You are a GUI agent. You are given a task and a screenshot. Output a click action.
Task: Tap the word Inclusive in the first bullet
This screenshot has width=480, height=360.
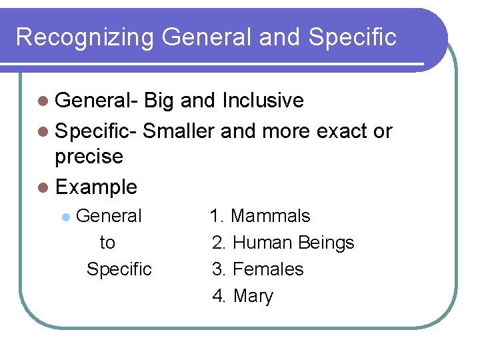[263, 101]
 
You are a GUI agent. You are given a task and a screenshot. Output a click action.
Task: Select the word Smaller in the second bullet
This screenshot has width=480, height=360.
[179, 131]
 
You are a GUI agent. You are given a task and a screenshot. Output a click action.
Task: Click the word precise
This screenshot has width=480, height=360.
[89, 157]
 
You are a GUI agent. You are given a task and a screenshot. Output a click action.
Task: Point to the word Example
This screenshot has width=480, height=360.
[97, 187]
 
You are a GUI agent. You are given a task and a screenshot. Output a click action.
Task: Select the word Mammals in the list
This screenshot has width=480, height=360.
[270, 216]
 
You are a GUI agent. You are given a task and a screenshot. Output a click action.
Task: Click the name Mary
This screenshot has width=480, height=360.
[253, 297]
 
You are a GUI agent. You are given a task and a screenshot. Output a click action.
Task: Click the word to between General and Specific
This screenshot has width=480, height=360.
[107, 243]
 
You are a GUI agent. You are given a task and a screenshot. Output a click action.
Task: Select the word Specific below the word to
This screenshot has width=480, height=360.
[119, 269]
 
